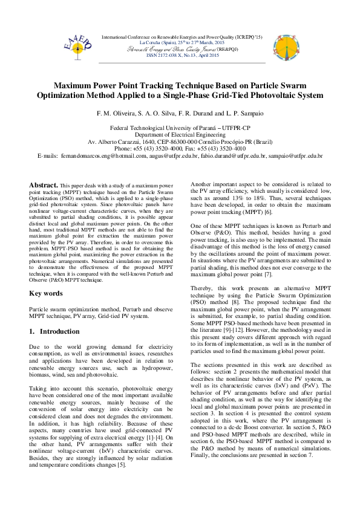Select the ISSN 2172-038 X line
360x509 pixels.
(x=180, y=55)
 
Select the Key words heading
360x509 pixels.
(x=46, y=293)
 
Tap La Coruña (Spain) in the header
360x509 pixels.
(x=159, y=43)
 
